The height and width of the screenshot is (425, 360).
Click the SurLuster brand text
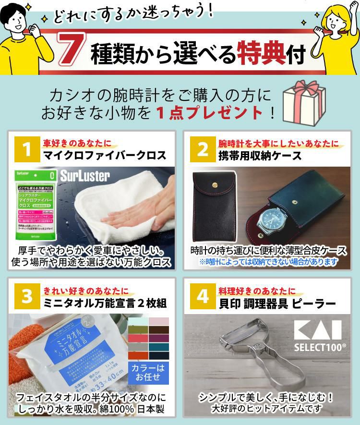85,176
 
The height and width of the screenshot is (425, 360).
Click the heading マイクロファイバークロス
105,156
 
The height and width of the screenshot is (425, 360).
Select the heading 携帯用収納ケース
260,156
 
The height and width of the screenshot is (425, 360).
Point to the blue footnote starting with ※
268,262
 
